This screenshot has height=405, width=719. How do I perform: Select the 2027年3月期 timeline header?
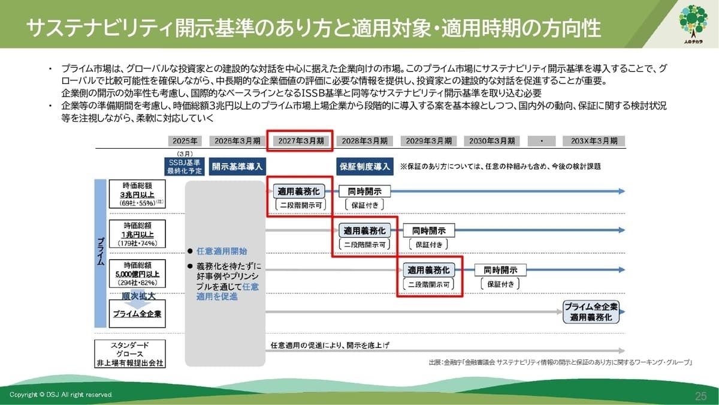(300, 141)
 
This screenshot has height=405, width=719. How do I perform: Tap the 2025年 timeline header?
(185, 141)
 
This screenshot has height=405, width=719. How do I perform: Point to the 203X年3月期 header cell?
(594, 141)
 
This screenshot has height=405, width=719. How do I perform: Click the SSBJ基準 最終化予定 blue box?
(185, 166)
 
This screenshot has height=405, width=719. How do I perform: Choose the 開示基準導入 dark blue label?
(237, 166)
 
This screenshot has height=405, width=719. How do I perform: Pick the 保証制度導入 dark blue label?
(365, 166)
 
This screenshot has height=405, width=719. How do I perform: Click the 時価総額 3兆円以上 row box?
(137, 194)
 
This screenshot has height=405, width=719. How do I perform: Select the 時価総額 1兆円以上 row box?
(137, 233)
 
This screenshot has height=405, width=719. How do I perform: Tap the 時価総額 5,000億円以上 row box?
(137, 274)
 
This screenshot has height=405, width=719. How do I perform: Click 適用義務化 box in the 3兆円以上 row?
(299, 191)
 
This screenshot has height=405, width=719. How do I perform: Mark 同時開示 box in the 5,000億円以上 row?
(496, 270)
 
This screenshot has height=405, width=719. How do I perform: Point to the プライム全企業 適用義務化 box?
(591, 312)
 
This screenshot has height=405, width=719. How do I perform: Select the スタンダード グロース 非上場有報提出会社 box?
(129, 353)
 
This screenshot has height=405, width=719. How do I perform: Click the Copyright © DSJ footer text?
(61, 395)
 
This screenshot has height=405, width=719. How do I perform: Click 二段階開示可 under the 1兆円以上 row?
(364, 244)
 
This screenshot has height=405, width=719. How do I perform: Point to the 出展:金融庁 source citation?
(560, 362)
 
